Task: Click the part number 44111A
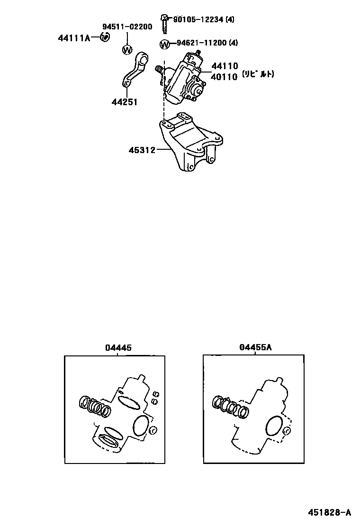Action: click(x=74, y=37)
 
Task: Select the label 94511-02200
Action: click(x=127, y=27)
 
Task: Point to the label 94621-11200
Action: click(x=200, y=43)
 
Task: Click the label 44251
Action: click(x=124, y=101)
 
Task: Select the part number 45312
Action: click(x=142, y=150)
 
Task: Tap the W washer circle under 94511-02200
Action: click(x=127, y=49)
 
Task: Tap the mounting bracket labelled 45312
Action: click(x=189, y=142)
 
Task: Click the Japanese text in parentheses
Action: click(x=258, y=74)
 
